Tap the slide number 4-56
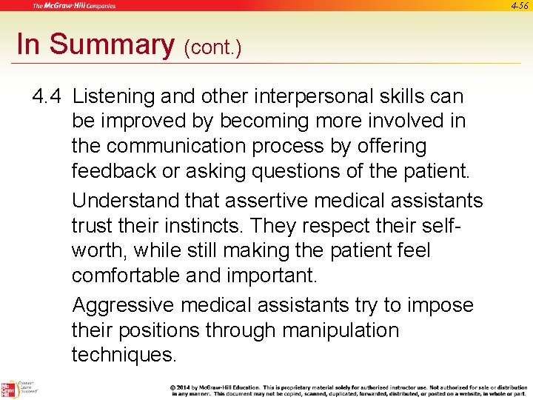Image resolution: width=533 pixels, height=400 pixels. (x=520, y=6)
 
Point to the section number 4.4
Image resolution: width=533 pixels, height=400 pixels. (x=48, y=96)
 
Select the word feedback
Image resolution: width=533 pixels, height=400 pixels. (x=114, y=171)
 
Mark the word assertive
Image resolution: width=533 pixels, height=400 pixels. (x=260, y=201)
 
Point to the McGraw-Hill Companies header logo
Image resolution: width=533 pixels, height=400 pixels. (x=74, y=6)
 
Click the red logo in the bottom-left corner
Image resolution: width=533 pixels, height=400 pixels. (x=10, y=390)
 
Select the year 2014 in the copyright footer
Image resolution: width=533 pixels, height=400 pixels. (x=188, y=387)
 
